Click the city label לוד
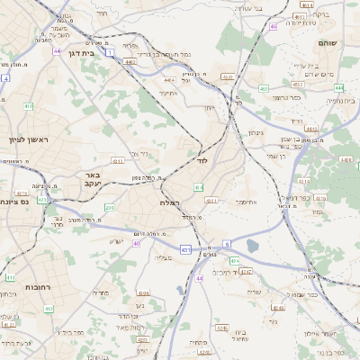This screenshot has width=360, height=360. pyautogui.click(x=202, y=160)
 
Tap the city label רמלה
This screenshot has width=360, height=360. pyautogui.click(x=170, y=202)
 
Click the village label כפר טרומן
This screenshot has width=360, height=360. pyautogui.click(x=286, y=97)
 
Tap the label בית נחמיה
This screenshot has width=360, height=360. pyautogui.click(x=334, y=100)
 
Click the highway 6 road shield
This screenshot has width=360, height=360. pyautogui.click(x=228, y=243)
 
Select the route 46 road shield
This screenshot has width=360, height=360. pyautogui.click(x=273, y=26)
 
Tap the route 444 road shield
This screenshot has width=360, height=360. pyautogui.click(x=339, y=87)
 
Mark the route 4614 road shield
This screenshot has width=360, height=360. pyautogui.click(x=307, y=5)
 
